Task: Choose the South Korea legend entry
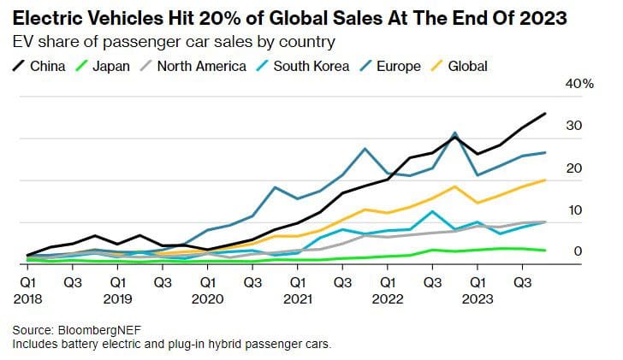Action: tap(307, 65)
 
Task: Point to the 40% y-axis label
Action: tap(578, 84)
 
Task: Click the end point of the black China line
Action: tap(546, 114)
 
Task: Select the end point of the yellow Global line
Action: tap(546, 180)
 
